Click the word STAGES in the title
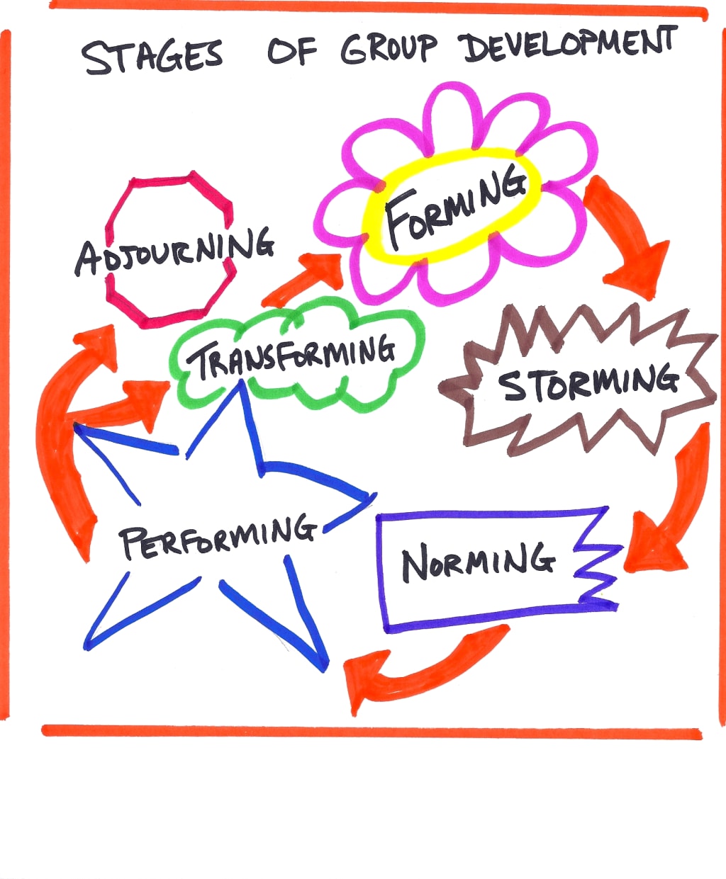pos(152,56)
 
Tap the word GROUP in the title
pos(389,49)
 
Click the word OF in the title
pos(291,51)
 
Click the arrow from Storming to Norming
pos(670,503)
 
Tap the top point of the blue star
pos(241,386)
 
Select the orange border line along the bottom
pos(369,732)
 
